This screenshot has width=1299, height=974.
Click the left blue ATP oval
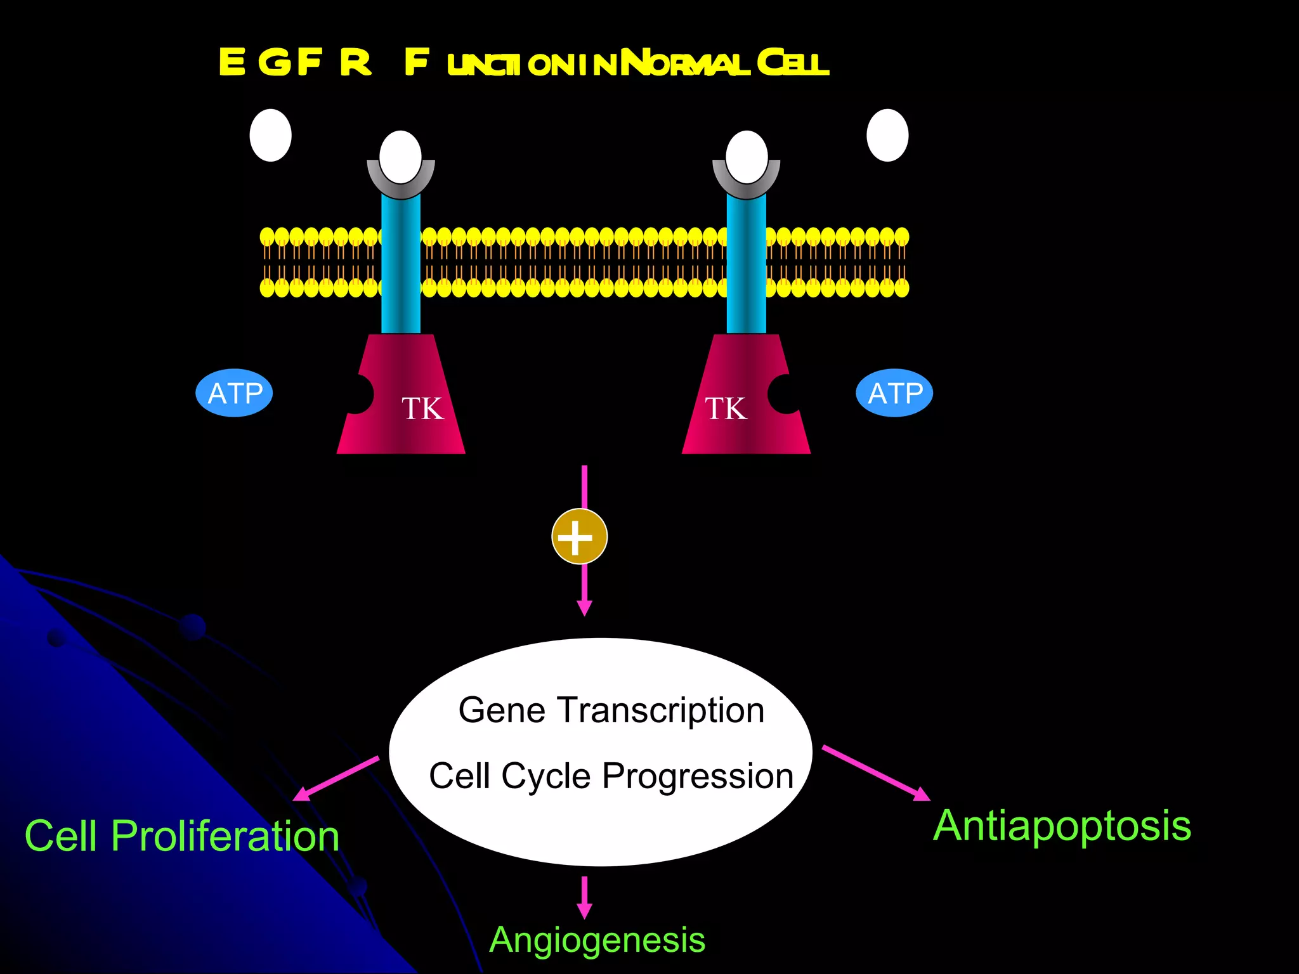[234, 393]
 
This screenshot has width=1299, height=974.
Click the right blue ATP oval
[894, 393]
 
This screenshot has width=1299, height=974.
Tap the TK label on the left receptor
[422, 408]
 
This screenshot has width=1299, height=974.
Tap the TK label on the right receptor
[726, 408]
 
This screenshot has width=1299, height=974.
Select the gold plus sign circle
[579, 536]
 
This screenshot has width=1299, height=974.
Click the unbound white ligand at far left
[270, 135]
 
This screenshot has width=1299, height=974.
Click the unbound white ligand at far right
[887, 135]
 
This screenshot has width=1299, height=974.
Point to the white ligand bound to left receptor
[400, 156]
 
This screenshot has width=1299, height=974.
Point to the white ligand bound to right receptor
[747, 156]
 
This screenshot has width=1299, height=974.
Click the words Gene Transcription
[611, 710]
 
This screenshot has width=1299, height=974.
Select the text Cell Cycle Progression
[611, 776]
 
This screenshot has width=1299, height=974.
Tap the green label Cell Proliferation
[182, 836]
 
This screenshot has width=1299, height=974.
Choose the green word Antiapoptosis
[1062, 826]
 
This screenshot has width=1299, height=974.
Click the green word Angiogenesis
[597, 940]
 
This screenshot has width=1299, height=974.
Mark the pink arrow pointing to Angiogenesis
[584, 897]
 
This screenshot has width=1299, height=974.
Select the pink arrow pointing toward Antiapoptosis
[875, 773]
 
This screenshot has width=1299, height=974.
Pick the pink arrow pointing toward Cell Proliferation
[336, 778]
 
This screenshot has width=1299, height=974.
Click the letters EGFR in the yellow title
[295, 63]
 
